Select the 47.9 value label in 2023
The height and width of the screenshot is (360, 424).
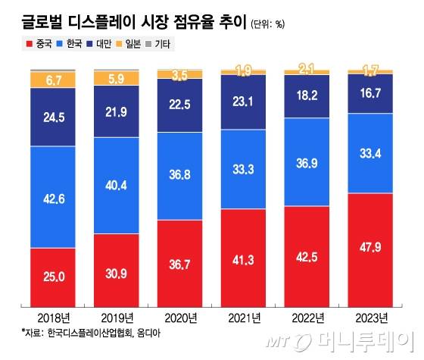[x=370, y=247]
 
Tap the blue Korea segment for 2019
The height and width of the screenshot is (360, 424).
[x=116, y=184]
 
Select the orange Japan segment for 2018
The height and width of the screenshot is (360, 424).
[x=53, y=79]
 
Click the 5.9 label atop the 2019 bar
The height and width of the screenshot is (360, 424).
[x=116, y=77]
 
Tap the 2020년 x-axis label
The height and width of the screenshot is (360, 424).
[x=179, y=318]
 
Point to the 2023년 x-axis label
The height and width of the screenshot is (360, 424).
[x=370, y=318]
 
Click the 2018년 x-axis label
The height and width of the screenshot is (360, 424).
[x=53, y=318]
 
